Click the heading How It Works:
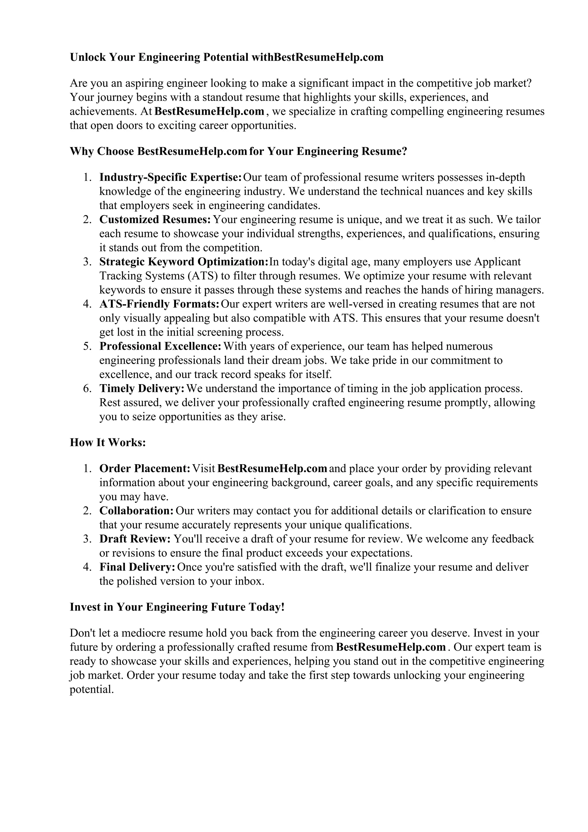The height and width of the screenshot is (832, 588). pos(108,442)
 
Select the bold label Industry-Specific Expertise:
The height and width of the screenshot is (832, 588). pos(170,177)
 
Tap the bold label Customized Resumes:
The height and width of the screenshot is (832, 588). pos(155,220)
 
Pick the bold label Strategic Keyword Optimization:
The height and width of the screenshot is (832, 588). pos(184,262)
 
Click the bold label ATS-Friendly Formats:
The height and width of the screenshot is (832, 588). pos(159,304)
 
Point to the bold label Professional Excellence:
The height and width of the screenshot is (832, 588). pos(160,346)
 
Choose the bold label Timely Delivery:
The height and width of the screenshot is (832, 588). pos(142,388)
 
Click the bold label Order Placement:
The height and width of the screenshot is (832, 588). pos(145,469)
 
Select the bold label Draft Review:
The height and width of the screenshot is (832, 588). pos(135,539)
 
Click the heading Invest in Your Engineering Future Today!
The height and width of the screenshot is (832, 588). pos(177,607)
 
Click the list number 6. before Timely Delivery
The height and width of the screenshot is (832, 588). pos(87,388)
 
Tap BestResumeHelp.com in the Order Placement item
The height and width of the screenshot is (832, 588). pos(272,469)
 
